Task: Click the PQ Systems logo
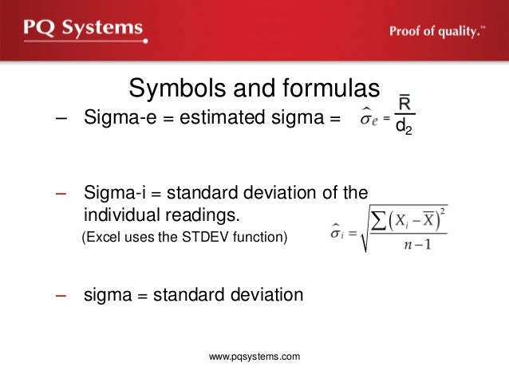click(83, 30)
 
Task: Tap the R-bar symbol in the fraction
click(404, 104)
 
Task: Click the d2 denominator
click(404, 127)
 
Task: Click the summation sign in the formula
click(378, 221)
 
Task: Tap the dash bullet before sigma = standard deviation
click(61, 294)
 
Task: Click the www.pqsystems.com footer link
click(254, 356)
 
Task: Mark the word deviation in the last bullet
click(264, 294)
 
